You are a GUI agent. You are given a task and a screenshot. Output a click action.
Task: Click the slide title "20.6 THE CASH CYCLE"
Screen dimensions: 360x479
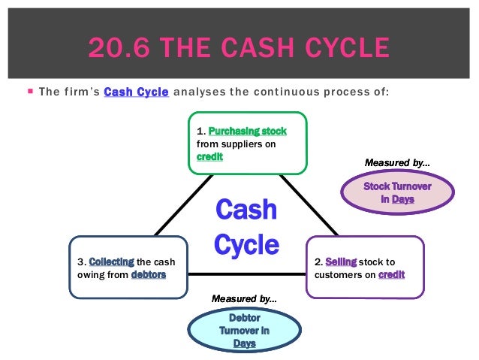(239, 48)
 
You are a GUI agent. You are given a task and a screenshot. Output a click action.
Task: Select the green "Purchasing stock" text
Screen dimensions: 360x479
(247, 130)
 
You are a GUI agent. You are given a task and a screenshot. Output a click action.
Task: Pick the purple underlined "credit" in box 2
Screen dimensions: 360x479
(391, 274)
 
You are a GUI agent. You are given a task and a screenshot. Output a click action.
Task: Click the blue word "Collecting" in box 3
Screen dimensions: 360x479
(111, 262)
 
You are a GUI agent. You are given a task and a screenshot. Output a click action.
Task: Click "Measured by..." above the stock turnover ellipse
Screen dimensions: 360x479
(398, 162)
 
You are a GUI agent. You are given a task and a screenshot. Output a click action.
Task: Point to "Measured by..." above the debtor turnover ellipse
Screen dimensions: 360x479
(244, 298)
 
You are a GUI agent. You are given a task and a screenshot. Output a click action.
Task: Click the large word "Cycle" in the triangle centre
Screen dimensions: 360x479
(246, 244)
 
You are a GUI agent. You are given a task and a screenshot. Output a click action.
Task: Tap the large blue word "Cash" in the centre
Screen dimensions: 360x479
(246, 210)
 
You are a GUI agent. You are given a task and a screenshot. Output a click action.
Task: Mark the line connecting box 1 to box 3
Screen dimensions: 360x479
(180, 207)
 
